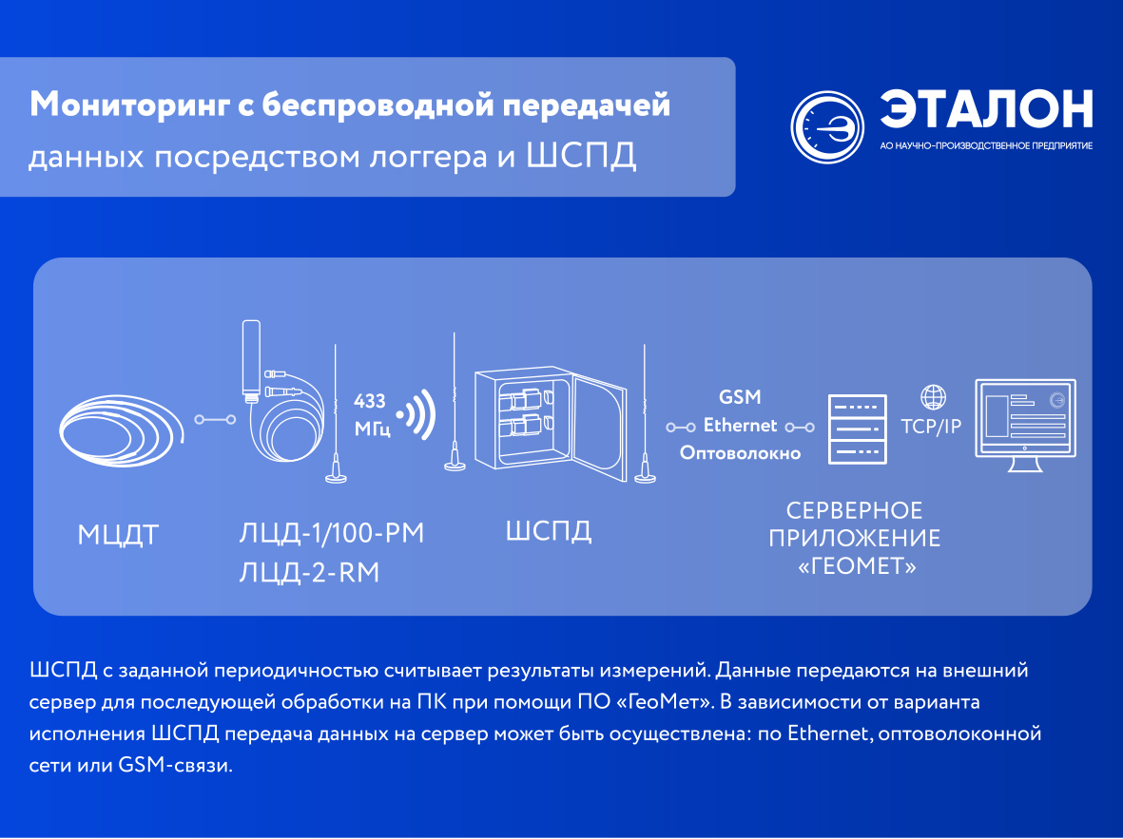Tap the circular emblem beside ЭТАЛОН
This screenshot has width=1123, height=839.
827,126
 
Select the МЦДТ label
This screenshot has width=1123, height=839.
118,536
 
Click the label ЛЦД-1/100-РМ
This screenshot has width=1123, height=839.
332,533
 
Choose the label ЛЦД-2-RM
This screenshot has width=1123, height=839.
309,573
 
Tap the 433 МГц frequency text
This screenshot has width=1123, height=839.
372,414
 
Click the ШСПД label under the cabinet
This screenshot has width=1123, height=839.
549,531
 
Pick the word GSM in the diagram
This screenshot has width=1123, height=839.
740,396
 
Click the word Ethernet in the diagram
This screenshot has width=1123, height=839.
740,426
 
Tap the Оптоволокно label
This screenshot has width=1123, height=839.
740,453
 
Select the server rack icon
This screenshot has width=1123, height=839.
858,429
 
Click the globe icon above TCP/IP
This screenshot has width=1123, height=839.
933,396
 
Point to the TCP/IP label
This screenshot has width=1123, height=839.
931,427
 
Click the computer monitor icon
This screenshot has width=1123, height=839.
1026,426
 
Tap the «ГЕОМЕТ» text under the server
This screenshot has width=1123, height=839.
858,566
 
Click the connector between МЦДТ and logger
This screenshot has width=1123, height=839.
215,420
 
